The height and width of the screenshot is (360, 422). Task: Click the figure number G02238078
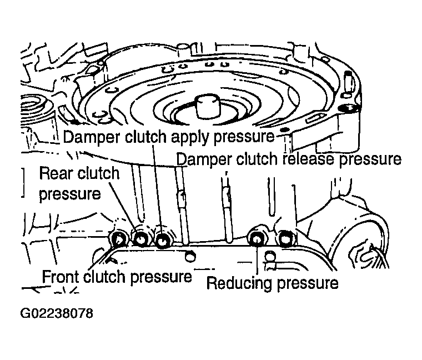(x=57, y=313)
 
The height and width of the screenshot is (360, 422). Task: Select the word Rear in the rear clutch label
(x=54, y=174)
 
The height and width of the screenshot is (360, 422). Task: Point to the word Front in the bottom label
(x=62, y=277)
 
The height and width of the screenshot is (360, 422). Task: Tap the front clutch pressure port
(x=118, y=238)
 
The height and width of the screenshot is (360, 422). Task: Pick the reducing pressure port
(x=256, y=237)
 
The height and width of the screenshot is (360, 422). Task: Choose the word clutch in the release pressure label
(x=257, y=158)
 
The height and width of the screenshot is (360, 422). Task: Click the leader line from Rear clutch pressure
(x=123, y=206)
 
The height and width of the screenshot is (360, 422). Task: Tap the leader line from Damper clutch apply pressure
(x=157, y=188)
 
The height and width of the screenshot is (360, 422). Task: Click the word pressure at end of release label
(x=370, y=159)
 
